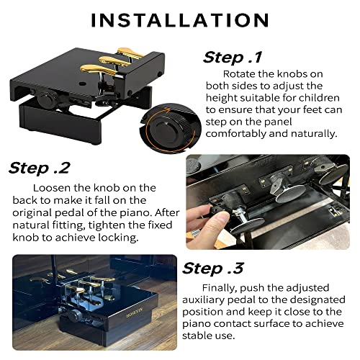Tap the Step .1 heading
(233, 57)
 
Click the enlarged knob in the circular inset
(171, 137)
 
